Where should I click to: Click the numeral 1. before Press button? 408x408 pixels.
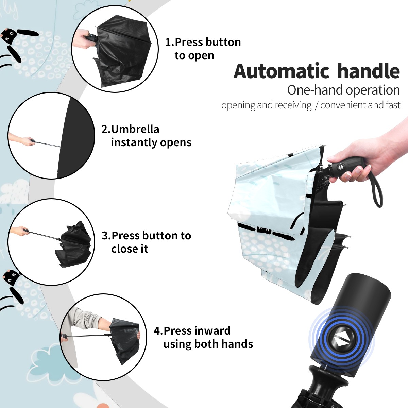click(x=169, y=42)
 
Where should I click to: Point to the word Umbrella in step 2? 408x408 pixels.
click(x=135, y=129)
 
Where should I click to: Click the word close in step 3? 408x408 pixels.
click(x=123, y=249)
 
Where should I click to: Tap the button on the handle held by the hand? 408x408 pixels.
click(x=339, y=167)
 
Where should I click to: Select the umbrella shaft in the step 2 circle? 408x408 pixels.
click(x=48, y=143)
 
